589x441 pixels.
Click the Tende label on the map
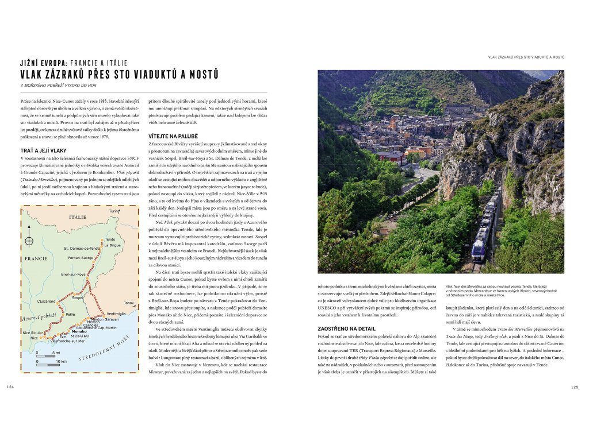point(110,239)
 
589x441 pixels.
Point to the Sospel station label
point(79,298)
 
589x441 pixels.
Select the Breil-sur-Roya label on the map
point(74,274)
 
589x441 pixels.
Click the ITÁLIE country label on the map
point(77,216)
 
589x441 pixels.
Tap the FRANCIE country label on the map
point(36,258)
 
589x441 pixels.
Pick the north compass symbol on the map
point(29,241)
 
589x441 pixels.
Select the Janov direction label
point(128,303)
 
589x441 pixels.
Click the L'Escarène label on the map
point(46,301)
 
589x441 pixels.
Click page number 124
point(10,386)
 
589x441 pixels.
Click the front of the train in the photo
point(479,251)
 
